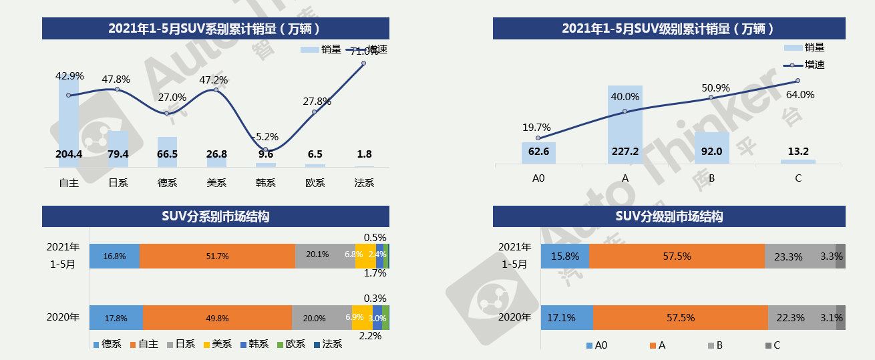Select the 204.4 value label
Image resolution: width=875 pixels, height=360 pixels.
pyautogui.click(x=69, y=154)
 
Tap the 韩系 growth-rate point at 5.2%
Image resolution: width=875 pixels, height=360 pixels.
pyautogui.click(x=265, y=150)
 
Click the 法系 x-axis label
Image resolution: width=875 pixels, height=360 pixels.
pyautogui.click(x=364, y=182)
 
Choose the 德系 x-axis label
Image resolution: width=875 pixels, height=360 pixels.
pyautogui.click(x=167, y=182)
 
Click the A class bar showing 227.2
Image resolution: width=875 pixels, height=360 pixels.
pyautogui.click(x=625, y=124)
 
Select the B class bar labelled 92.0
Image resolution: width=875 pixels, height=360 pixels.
pyautogui.click(x=711, y=148)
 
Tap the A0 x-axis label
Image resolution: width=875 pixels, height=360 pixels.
pyautogui.click(x=538, y=179)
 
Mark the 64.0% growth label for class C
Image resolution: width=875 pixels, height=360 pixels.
pyautogui.click(x=800, y=95)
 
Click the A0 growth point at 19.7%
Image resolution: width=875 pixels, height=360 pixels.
pyautogui.click(x=538, y=138)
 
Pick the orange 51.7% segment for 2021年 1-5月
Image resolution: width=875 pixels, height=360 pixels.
pyautogui.click(x=218, y=256)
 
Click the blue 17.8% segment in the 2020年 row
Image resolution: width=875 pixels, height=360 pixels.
pyautogui.click(x=116, y=318)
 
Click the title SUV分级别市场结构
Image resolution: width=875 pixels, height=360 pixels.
pyautogui.click(x=669, y=216)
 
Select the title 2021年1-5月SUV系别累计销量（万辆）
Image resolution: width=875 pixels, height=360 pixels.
pyautogui.click(x=215, y=28)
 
